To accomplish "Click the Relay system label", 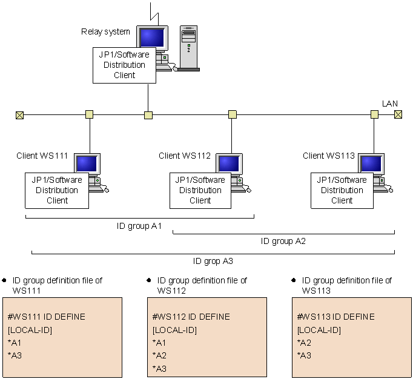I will click(x=105, y=31).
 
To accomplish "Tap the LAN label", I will click(x=390, y=104).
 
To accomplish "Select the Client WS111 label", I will click(x=43, y=156).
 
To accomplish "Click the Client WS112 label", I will click(x=185, y=156).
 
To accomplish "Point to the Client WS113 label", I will click(x=329, y=156).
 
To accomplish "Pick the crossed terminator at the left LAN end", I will click(x=19, y=114).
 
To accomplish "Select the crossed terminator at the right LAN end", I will click(x=398, y=114).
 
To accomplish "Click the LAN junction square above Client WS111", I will click(x=90, y=114).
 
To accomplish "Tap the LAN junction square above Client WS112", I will click(x=232, y=114).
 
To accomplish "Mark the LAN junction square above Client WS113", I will click(x=374, y=114).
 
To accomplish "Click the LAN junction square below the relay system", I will click(x=148, y=114).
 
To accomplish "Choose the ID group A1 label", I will click(x=139, y=226).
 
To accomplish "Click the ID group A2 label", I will click(x=283, y=241).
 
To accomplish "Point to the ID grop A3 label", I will click(x=213, y=261).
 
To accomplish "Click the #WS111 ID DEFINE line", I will click(x=47, y=317).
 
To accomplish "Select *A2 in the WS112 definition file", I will click(x=159, y=356).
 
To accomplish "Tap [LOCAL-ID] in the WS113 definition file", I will click(x=319, y=330).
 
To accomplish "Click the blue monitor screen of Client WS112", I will click(x=228, y=163).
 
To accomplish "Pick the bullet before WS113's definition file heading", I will click(x=294, y=280).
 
